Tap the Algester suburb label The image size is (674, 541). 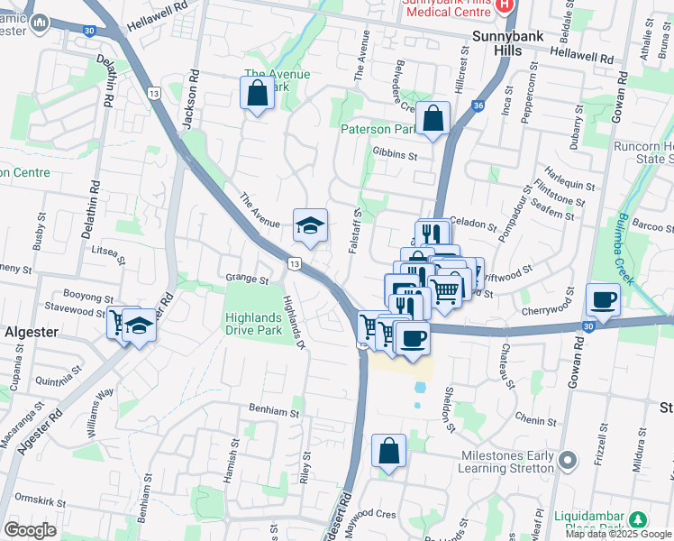pyautogui.click(x=32, y=332)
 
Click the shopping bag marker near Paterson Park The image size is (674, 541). pyautogui.click(x=433, y=118)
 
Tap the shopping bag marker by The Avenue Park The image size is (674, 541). pyautogui.click(x=257, y=92)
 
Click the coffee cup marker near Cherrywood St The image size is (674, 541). pyautogui.click(x=602, y=299)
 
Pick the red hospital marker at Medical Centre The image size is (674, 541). pyautogui.click(x=505, y=4)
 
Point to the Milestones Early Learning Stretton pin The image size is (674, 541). pyautogui.click(x=567, y=462)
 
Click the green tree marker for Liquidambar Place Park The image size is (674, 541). pyautogui.click(x=638, y=519)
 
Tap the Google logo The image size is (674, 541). pyautogui.click(x=31, y=530)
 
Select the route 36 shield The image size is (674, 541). pyautogui.click(x=477, y=105)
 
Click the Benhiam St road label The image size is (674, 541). pyautogui.click(x=274, y=413)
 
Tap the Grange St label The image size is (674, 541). pyautogui.click(x=249, y=280)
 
